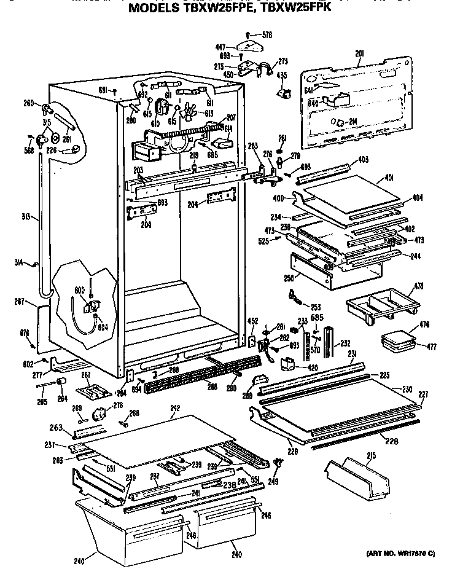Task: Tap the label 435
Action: point(281,76)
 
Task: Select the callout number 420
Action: point(313,369)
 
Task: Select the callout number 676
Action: point(25,332)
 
